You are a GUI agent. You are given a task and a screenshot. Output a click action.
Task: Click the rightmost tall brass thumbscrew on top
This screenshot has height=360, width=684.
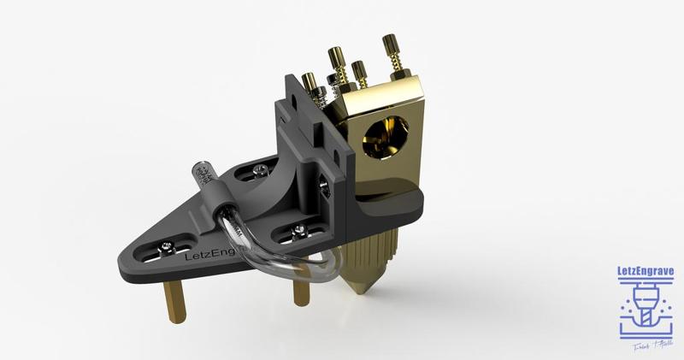392,56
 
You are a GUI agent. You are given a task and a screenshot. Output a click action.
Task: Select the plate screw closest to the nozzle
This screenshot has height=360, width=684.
299,229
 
